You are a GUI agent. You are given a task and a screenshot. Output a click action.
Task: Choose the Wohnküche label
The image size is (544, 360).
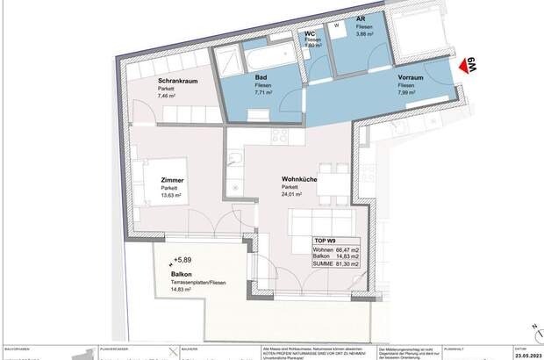click(x=299, y=179)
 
